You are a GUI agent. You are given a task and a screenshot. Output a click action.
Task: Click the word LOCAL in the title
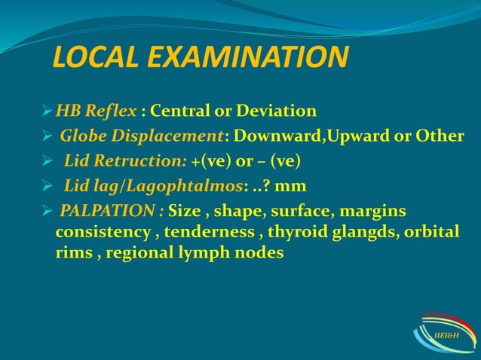click(91, 58)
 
